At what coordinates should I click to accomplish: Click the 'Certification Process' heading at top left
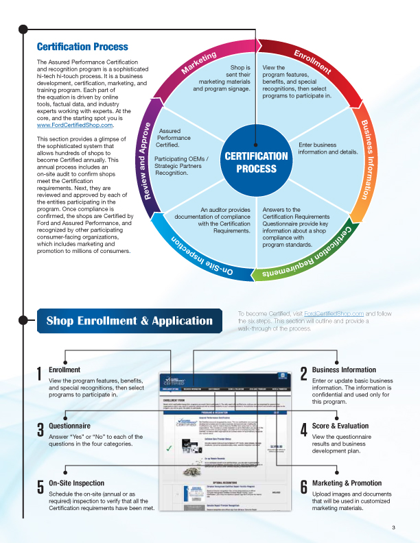pos(82,47)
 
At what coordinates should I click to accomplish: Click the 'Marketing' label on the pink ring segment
pos(198,62)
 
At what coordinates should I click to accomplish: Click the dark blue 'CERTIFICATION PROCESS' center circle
pos(256,162)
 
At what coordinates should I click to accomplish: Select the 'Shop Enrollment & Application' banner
pos(129,321)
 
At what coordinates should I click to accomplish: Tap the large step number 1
pos(40,374)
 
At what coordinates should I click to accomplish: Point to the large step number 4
pos(303,430)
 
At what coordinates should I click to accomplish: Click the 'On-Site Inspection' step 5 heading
pos(77,483)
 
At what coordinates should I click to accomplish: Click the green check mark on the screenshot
pos(168,449)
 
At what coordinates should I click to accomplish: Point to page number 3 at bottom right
pos(393,527)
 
